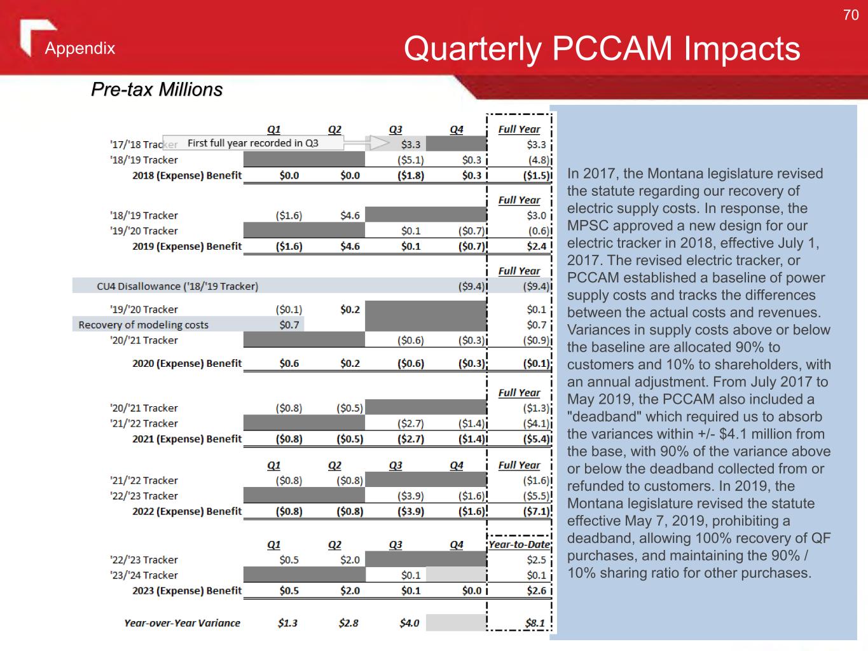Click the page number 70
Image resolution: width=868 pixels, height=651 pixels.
tap(850, 15)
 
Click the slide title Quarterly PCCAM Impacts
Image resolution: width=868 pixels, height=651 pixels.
tap(602, 48)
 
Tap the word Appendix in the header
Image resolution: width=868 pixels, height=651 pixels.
tap(80, 48)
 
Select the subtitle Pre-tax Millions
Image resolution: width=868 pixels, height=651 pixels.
tap(156, 90)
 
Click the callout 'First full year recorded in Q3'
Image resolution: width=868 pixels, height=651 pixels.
tap(252, 143)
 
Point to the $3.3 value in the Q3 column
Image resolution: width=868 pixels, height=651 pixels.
tap(410, 145)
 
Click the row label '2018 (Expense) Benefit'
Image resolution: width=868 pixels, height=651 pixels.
tap(186, 175)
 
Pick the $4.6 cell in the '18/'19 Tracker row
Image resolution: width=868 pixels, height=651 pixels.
tap(350, 216)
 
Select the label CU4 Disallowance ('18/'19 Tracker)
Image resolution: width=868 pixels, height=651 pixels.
tap(177, 286)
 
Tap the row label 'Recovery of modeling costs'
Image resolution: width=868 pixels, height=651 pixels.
tap(143, 325)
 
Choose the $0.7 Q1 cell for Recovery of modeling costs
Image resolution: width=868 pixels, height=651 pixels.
tap(289, 325)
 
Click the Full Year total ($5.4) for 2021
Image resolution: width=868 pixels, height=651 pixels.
tap(536, 439)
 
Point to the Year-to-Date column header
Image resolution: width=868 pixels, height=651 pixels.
tap(520, 544)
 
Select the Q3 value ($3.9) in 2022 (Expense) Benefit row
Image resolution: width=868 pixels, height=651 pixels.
tap(411, 511)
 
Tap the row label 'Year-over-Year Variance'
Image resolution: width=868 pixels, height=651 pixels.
tap(182, 623)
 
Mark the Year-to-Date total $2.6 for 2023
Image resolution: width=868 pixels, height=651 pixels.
tap(536, 591)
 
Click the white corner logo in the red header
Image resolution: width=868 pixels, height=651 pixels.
tap(35, 35)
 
